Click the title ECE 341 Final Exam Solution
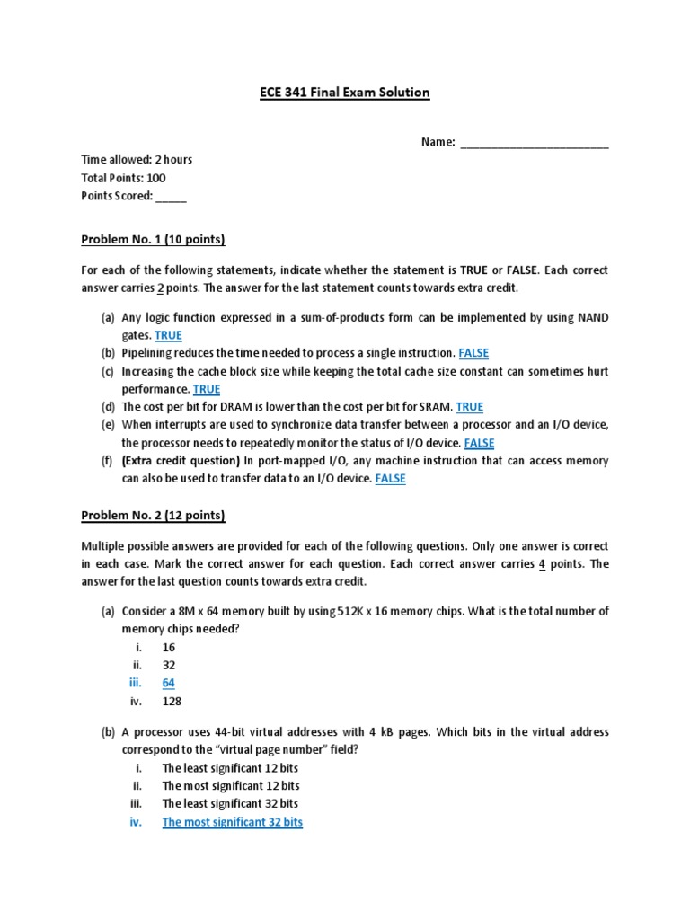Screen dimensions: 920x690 tap(344, 93)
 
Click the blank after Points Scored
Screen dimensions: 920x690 tap(172, 196)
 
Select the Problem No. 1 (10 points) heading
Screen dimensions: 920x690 tap(153, 240)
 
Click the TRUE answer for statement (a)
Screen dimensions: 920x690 tap(168, 335)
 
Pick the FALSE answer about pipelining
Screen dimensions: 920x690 tap(473, 353)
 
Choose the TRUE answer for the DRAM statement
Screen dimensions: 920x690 tap(470, 407)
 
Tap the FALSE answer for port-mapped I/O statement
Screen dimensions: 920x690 tap(390, 479)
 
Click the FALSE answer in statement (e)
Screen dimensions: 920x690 tap(479, 443)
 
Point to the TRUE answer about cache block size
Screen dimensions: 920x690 tap(206, 389)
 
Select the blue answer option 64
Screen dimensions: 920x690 tap(169, 683)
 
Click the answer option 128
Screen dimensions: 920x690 tap(172, 701)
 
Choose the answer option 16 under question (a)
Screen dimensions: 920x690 tap(169, 647)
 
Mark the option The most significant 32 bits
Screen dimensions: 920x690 tap(232, 822)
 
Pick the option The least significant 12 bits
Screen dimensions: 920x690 tap(230, 768)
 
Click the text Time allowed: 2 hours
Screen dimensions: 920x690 tap(137, 160)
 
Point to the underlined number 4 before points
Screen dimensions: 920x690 tap(542, 564)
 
